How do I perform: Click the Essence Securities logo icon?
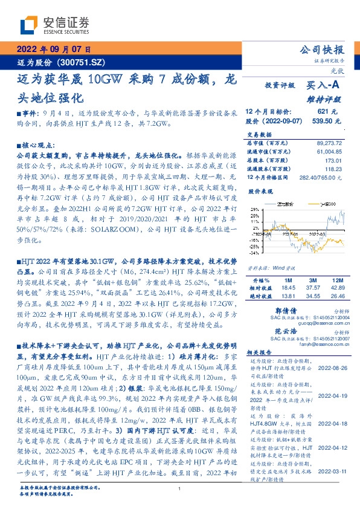pos(29,24)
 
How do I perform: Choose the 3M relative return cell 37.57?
pos(313,288)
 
